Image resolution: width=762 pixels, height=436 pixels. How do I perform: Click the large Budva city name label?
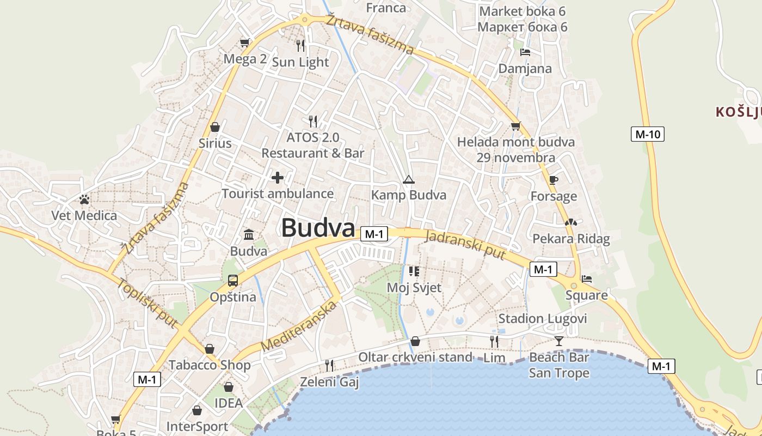[x=318, y=228]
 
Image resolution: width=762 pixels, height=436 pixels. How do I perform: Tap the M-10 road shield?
[x=648, y=134]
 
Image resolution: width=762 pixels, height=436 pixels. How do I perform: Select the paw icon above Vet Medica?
[x=84, y=199]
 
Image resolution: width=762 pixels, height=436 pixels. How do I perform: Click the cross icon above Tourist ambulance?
[x=278, y=178]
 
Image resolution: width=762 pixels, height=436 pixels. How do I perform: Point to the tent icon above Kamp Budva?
[x=408, y=179]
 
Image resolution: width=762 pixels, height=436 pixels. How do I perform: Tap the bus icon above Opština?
[x=233, y=281]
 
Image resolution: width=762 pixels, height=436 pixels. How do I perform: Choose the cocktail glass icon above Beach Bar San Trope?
[x=558, y=342]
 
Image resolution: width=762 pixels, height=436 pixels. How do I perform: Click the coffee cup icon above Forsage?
[x=554, y=180]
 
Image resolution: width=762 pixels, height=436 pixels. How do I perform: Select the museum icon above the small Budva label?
[x=249, y=235]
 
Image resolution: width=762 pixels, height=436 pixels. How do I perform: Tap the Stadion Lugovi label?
[x=543, y=319]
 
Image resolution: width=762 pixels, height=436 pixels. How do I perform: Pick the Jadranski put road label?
[x=465, y=244]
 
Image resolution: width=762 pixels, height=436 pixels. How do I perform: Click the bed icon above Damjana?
[x=525, y=52]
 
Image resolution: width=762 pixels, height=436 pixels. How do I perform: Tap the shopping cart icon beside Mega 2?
[x=245, y=43]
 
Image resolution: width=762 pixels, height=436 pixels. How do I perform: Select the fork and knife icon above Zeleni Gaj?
[x=329, y=365]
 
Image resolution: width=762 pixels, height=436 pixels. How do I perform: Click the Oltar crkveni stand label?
[x=415, y=358]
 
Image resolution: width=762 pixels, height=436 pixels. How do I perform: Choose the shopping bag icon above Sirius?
[x=215, y=128]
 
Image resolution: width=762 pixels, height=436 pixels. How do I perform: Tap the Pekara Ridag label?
[x=571, y=239]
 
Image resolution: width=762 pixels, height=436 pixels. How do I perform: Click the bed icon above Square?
[x=586, y=279]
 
